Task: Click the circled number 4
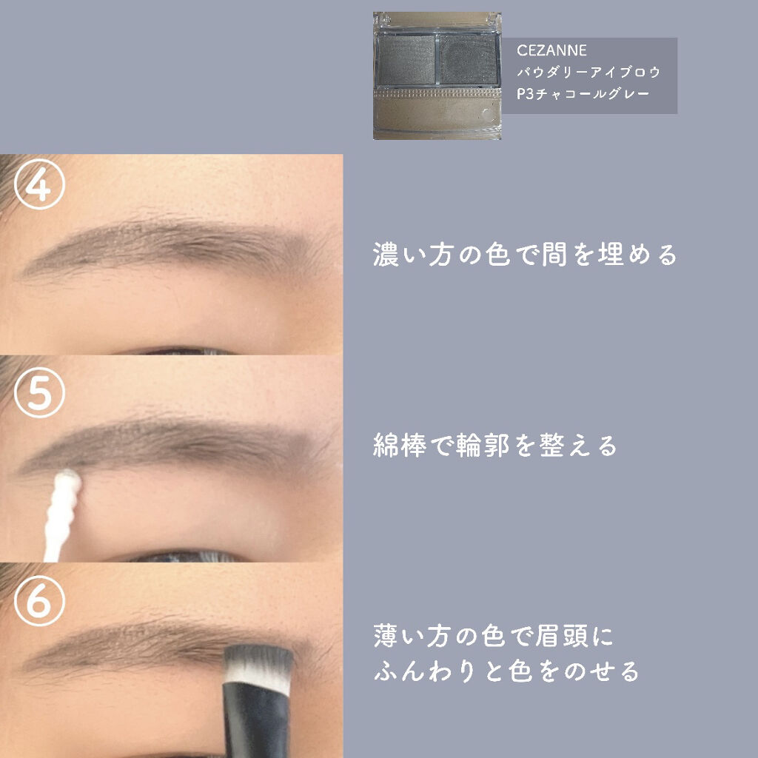point(39,184)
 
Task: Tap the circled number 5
point(39,392)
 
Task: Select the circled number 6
point(39,601)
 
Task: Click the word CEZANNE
point(551,50)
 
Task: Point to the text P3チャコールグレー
point(583,93)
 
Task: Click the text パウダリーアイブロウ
point(588,72)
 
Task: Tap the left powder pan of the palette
point(406,60)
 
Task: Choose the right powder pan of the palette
point(468,60)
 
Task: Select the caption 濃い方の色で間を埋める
point(525,255)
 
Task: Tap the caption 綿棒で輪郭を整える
point(495,445)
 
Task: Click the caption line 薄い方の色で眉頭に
point(493,636)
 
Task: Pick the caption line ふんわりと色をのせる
point(506,671)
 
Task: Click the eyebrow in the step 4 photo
point(174,246)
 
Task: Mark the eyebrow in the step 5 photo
point(174,445)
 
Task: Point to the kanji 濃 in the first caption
point(386,255)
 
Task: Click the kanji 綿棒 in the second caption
point(399,445)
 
